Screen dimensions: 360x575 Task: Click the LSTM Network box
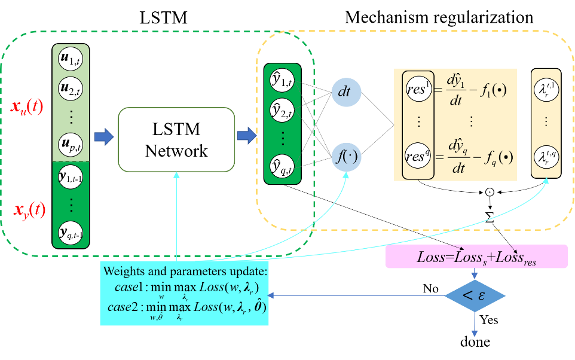point(176,139)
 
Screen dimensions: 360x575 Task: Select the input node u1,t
point(71,59)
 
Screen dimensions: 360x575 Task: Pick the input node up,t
point(71,144)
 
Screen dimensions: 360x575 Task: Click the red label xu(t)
point(27,107)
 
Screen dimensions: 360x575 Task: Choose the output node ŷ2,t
point(282,109)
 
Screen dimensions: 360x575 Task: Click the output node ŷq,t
point(282,166)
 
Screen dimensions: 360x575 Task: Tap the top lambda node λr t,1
point(546,90)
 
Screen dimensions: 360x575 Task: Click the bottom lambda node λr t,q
point(546,157)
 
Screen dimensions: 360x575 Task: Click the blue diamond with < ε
point(475,295)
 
